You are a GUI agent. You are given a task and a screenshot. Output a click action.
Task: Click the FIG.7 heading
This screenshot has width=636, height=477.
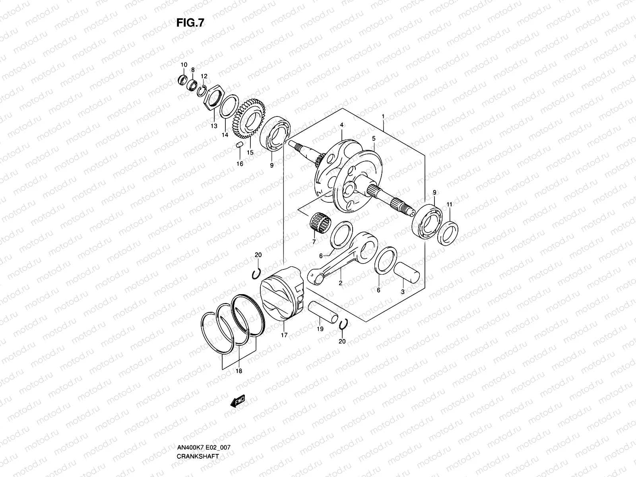(x=190, y=23)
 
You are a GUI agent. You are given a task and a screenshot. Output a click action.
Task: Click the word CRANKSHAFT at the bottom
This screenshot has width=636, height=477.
(x=198, y=434)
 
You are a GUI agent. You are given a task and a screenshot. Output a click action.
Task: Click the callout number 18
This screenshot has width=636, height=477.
(x=238, y=371)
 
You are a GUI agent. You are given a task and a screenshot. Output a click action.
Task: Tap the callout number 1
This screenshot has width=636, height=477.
(x=383, y=116)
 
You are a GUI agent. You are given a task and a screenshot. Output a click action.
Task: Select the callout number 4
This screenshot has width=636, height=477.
(x=341, y=125)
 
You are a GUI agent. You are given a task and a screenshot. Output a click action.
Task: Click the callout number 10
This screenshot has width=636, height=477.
(x=184, y=65)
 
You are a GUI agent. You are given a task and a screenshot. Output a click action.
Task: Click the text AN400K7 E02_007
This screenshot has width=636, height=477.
(x=204, y=425)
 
